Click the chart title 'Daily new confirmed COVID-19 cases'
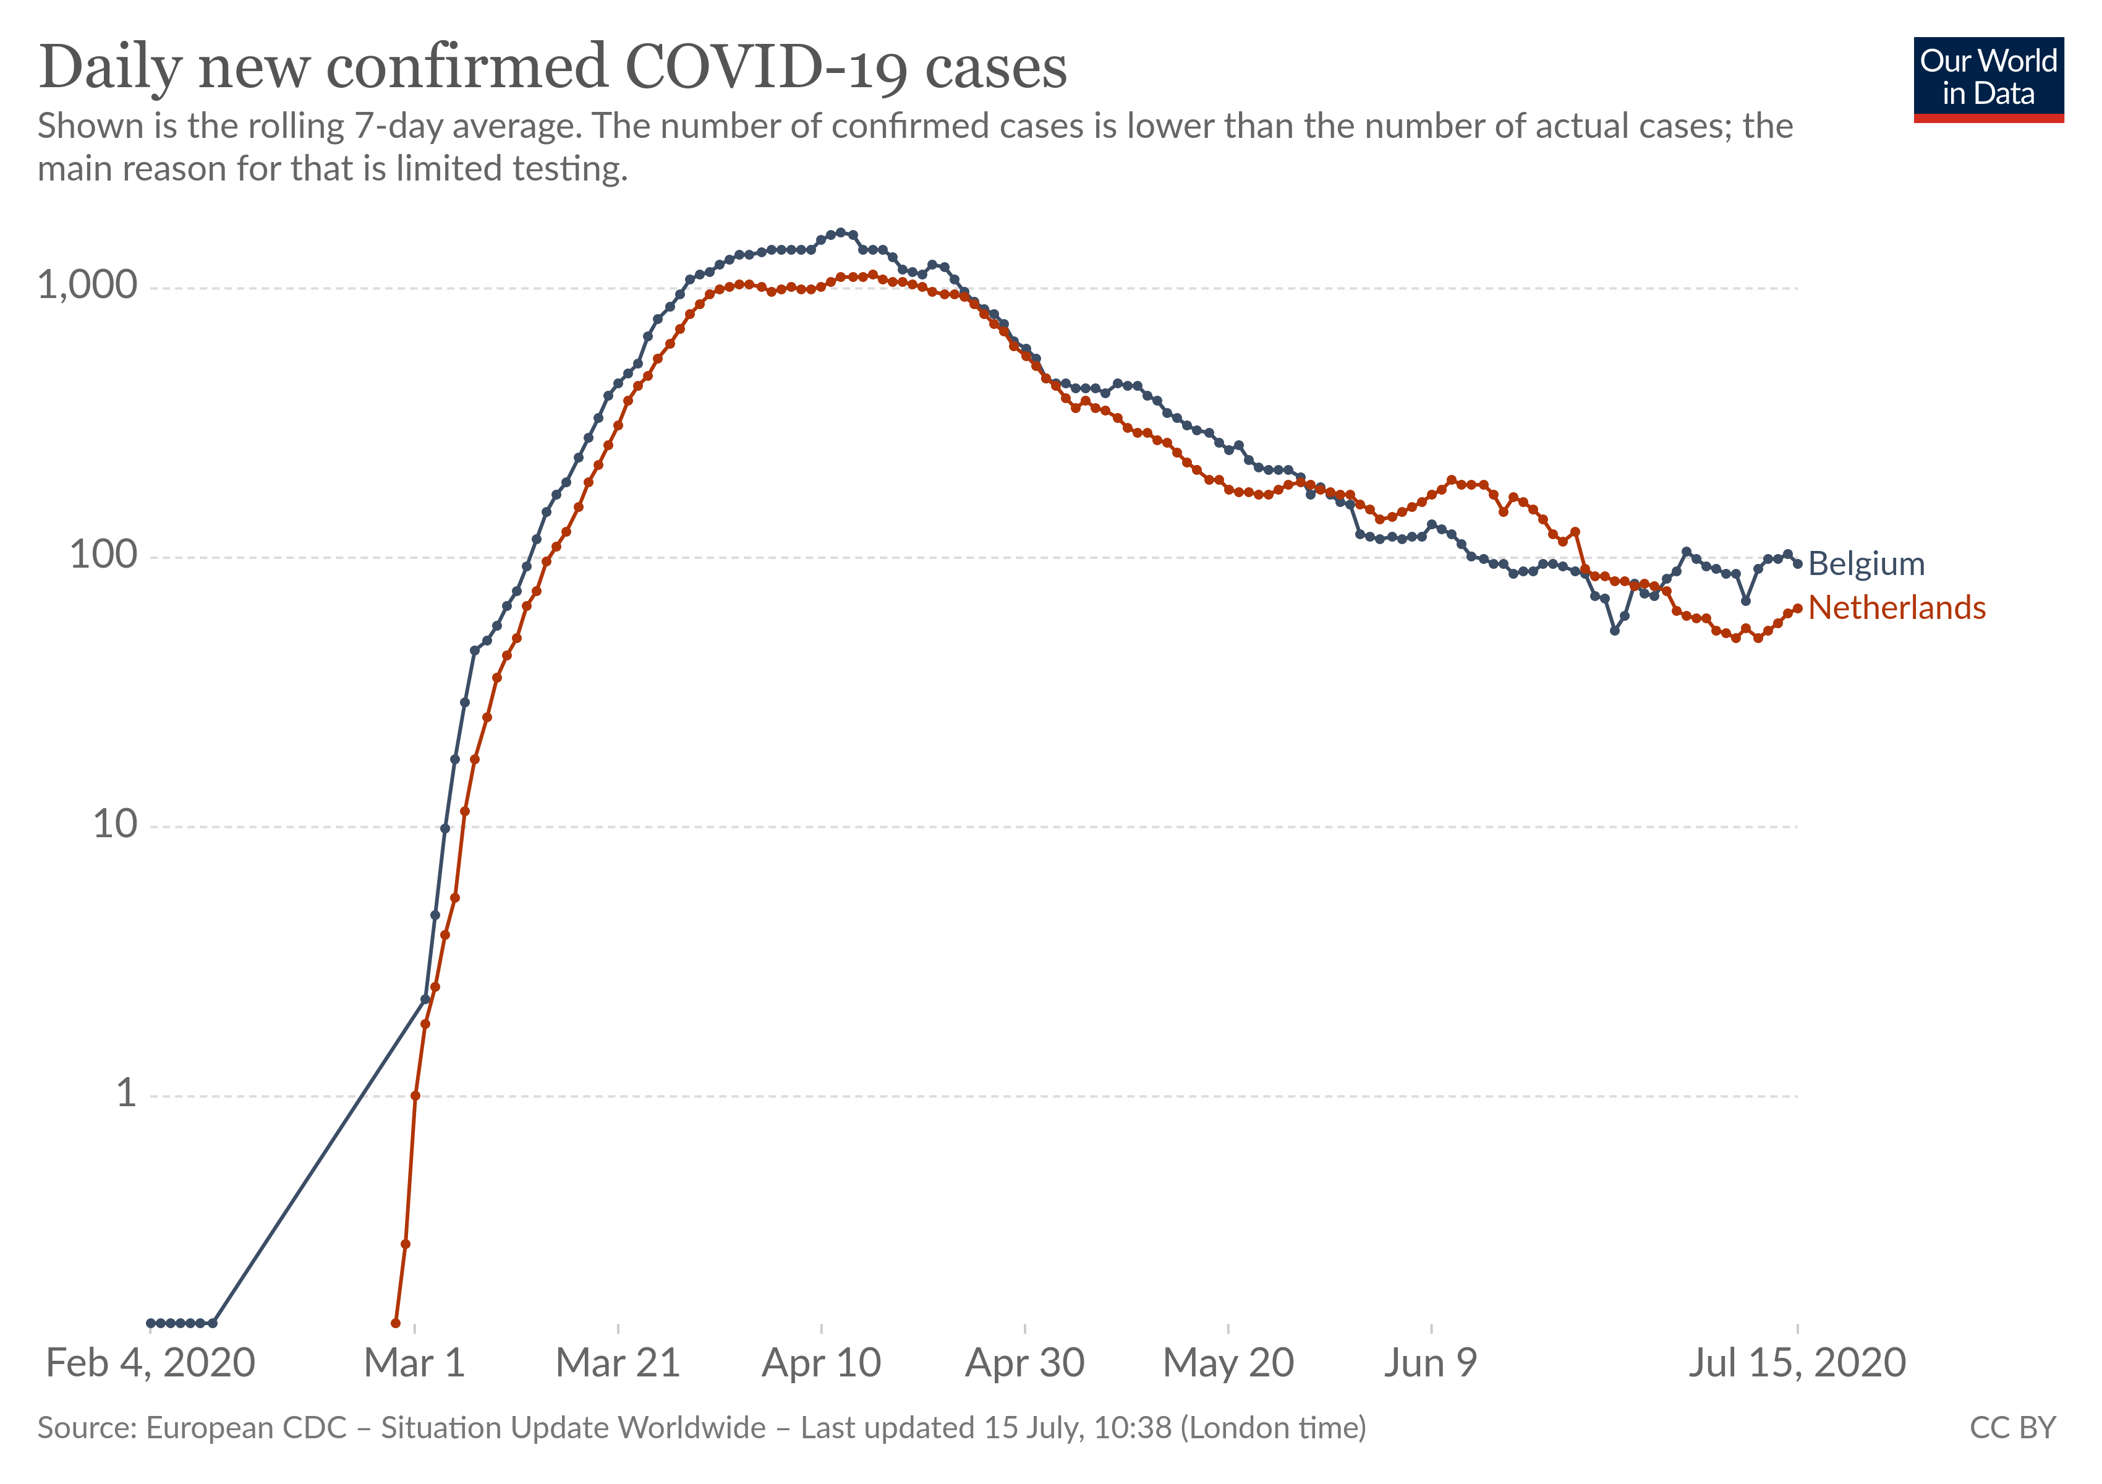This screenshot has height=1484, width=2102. point(553,68)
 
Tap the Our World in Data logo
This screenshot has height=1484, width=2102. point(1988,79)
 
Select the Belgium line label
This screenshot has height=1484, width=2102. point(1866,564)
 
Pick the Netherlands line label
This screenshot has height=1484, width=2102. point(1897,608)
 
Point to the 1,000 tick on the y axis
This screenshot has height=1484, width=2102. point(87,286)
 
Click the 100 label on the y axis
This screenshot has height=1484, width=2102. point(103,555)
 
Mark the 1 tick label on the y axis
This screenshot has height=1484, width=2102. point(126,1094)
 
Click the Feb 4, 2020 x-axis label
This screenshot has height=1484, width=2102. point(150,1363)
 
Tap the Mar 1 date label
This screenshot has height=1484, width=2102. point(415,1363)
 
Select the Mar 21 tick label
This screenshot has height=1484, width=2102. point(618,1363)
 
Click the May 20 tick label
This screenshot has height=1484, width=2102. point(1228,1363)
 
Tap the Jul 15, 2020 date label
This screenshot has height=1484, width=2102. point(1797,1363)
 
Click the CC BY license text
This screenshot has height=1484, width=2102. point(2012,1428)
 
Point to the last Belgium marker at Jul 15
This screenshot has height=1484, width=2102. point(1797,564)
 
